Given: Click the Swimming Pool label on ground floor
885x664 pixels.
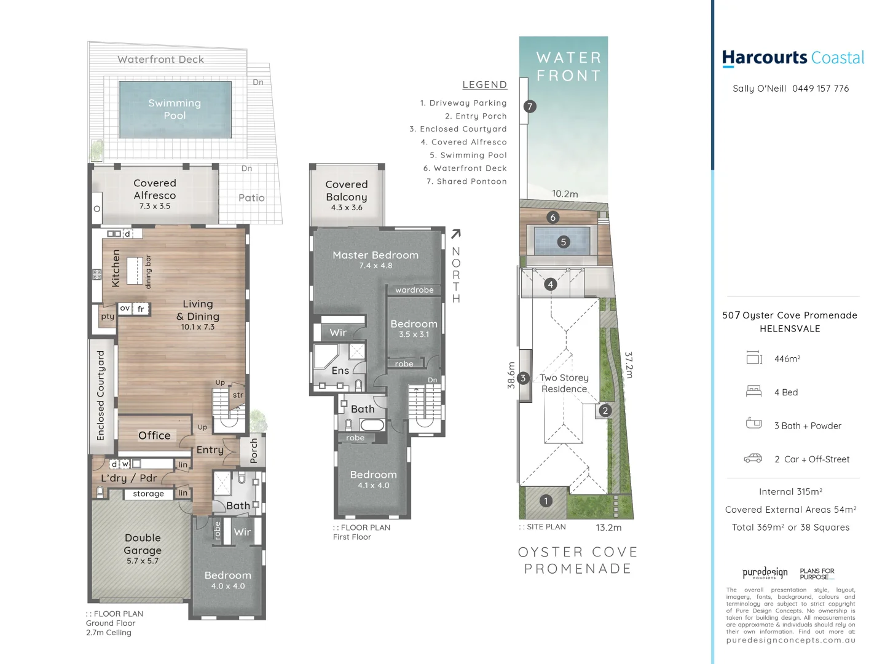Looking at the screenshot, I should point(175,109).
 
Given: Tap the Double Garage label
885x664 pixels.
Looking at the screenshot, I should point(143,544).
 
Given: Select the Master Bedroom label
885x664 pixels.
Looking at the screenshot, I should point(375,255).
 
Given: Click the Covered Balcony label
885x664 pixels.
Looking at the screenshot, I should point(347,191).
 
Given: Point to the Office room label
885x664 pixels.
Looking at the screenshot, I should point(154,435).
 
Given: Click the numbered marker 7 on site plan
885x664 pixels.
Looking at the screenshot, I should point(530,106).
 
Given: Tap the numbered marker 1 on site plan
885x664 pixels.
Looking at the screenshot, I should point(546,501).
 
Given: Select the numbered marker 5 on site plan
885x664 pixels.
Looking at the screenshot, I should point(563,242).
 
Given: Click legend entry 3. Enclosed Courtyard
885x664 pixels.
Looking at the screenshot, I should point(458,129).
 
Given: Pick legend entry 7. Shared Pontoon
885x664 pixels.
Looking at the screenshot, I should point(466,181).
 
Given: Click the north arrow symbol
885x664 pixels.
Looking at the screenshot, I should point(455,234).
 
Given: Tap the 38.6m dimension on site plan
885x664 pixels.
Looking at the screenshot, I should point(511,374).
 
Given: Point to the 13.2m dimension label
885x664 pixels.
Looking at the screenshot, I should point(608,528).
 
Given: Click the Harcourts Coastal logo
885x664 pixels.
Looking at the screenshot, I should point(793,58).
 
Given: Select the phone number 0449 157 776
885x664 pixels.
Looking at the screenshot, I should point(820,89).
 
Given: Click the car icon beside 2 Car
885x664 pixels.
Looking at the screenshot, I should point(753,459).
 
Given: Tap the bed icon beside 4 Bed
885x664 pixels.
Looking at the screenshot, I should point(753,391).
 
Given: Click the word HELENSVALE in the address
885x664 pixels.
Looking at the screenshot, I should point(790,329).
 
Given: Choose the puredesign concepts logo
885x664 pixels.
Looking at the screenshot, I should point(765,573).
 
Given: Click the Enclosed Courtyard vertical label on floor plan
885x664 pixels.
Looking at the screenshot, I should point(101,395).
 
